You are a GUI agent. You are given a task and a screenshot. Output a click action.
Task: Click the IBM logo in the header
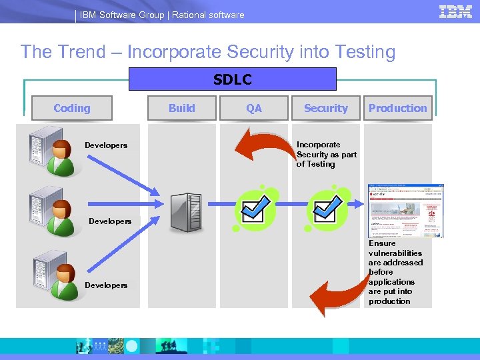[x=456, y=12]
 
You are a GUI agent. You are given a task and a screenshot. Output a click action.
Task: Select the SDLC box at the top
[x=233, y=79]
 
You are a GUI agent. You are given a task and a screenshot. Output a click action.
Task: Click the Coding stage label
[x=72, y=108]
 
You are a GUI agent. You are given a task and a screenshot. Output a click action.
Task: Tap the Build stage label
[x=182, y=108]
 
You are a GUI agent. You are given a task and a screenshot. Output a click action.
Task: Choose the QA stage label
[x=254, y=108]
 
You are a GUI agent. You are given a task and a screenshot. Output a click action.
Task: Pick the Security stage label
[x=325, y=108]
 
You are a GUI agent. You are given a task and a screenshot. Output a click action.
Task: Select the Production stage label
[x=397, y=108]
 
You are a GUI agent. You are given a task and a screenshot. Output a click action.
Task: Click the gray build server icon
[x=185, y=212]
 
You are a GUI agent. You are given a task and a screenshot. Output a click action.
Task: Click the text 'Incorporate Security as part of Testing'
[x=326, y=154]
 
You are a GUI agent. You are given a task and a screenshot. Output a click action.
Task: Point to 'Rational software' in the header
[x=208, y=15]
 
